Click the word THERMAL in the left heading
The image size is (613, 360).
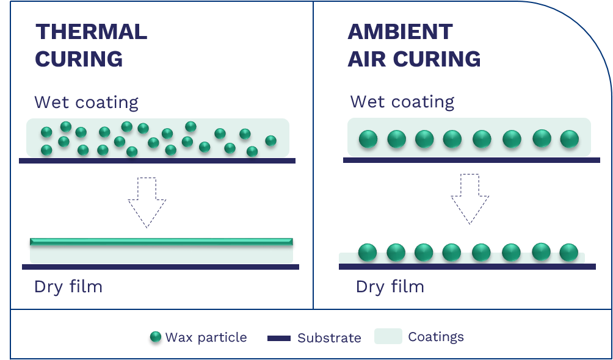pyautogui.click(x=91, y=32)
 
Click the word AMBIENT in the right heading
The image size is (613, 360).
pyautogui.click(x=400, y=32)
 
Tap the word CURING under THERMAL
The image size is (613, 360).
pyautogui.click(x=79, y=59)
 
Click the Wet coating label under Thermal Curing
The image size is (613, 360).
pyautogui.click(x=86, y=102)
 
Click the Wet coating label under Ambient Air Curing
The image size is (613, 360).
pyautogui.click(x=402, y=102)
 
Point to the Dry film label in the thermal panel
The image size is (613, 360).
pyautogui.click(x=68, y=287)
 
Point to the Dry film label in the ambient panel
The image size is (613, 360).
pyautogui.click(x=390, y=287)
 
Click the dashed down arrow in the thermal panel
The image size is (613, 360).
pyautogui.click(x=147, y=201)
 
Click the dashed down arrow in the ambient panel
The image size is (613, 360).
pyautogui.click(x=470, y=198)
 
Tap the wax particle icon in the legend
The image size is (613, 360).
pyautogui.click(x=156, y=337)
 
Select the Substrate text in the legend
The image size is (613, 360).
pyautogui.click(x=329, y=338)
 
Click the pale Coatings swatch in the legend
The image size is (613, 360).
pyautogui.click(x=388, y=336)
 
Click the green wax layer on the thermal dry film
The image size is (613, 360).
pyautogui.click(x=161, y=242)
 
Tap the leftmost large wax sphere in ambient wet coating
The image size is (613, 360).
pyautogui.click(x=368, y=139)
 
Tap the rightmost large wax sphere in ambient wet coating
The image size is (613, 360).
pyautogui.click(x=568, y=139)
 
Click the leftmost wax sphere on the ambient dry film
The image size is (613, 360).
pyautogui.click(x=367, y=252)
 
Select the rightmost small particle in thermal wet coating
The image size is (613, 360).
pyautogui.click(x=270, y=141)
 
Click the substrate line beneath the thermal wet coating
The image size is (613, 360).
pyautogui.click(x=157, y=161)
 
